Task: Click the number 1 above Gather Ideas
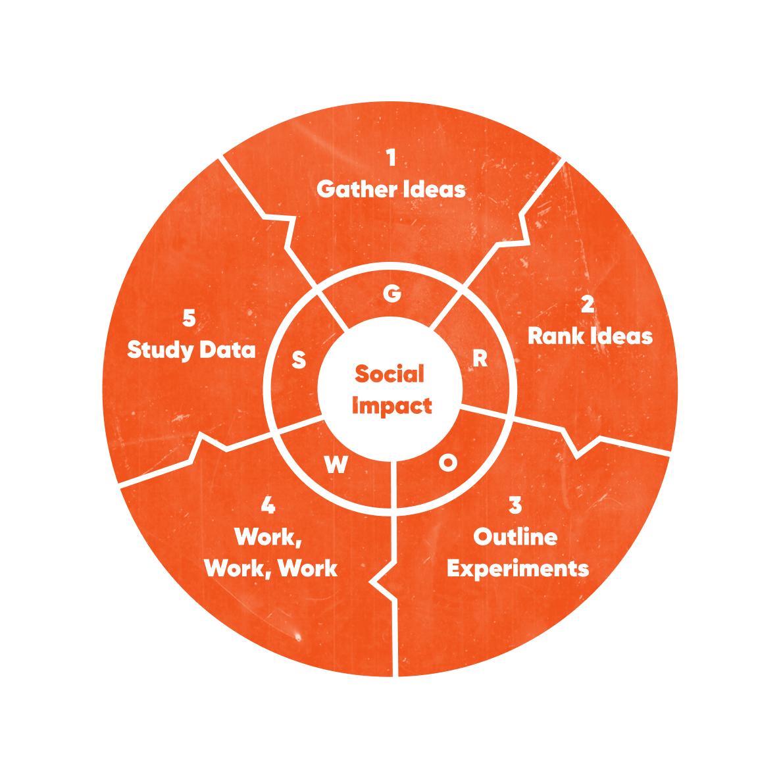(x=391, y=159)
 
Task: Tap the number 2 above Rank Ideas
(x=588, y=305)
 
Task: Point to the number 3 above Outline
(x=515, y=505)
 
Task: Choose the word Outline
(x=515, y=537)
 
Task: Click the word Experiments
(x=518, y=568)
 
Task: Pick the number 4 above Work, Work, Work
(x=268, y=505)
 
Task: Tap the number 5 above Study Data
(x=189, y=318)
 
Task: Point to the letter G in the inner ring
(x=392, y=293)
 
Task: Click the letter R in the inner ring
(x=480, y=359)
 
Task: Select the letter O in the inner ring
(x=448, y=463)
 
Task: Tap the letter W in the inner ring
(x=336, y=465)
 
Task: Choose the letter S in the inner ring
(x=299, y=360)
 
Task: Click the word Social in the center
(x=390, y=374)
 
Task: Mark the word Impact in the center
(x=391, y=406)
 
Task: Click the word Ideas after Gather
(x=434, y=189)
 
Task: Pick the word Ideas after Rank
(x=622, y=336)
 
